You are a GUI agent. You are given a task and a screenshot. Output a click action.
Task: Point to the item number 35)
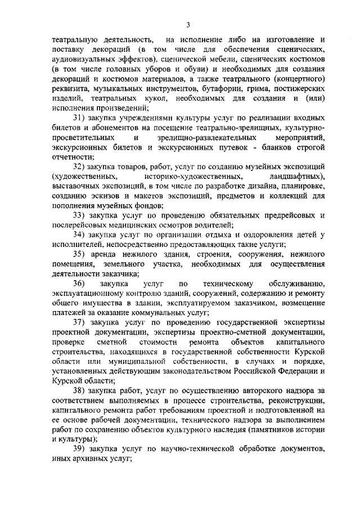coord(81,253)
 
